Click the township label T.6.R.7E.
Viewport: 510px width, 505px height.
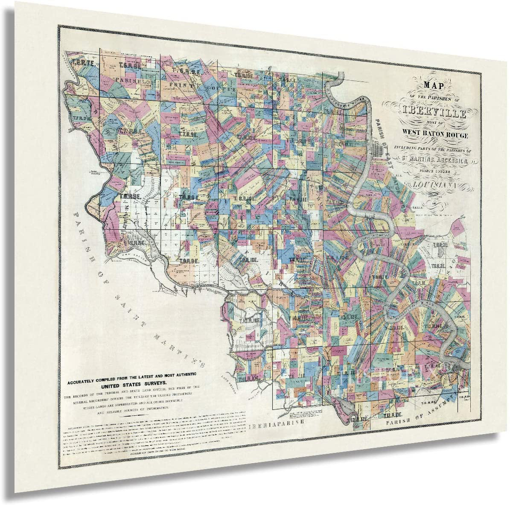79,63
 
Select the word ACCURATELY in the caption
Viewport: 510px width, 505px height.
83,376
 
